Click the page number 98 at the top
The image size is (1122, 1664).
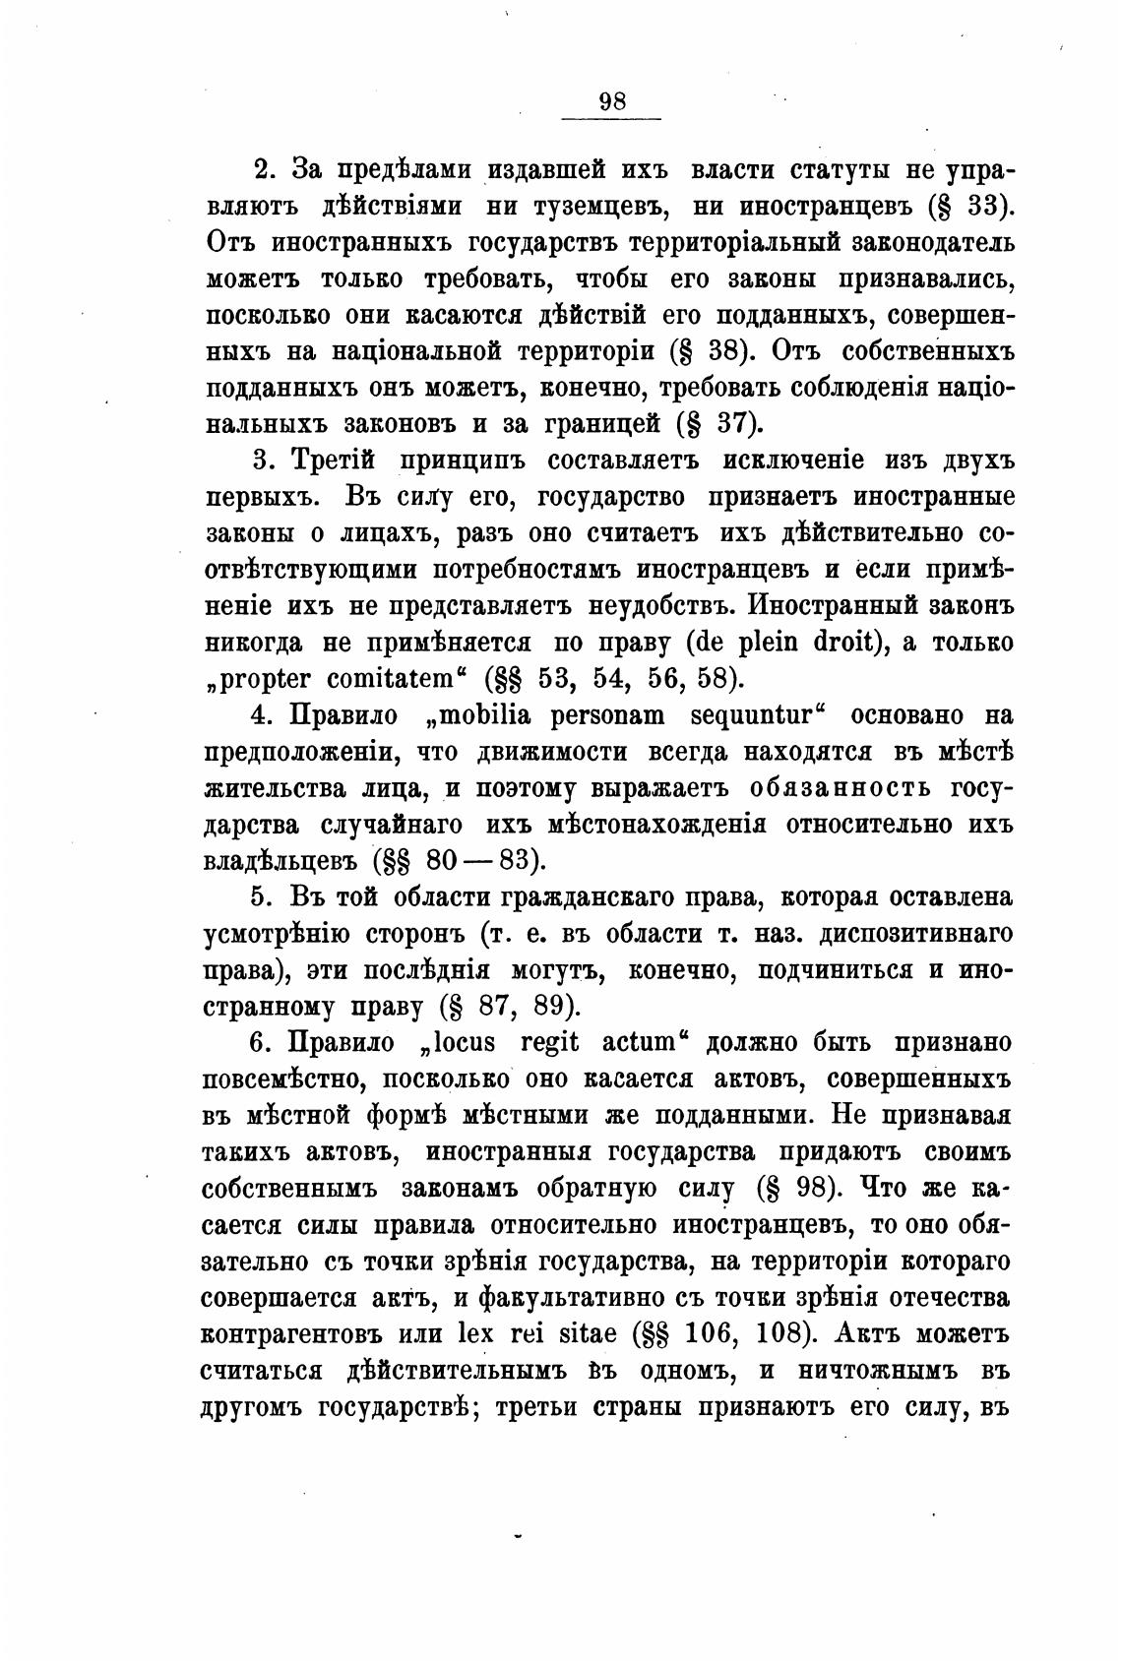611,101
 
